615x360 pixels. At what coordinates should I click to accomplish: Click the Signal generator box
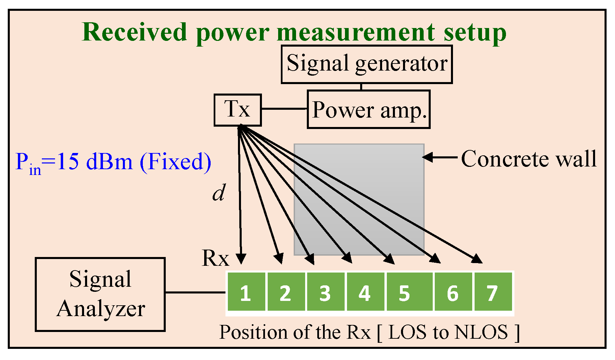(367, 64)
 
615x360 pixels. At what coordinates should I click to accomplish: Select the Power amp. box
(369, 109)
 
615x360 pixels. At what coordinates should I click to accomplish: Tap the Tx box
(238, 110)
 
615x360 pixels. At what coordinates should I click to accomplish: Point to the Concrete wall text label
(529, 159)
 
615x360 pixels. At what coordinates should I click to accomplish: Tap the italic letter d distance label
(219, 194)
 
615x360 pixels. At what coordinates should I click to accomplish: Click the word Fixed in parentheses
(175, 161)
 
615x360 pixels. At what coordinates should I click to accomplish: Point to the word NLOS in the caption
(481, 332)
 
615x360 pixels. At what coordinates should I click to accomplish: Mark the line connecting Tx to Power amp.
(284, 109)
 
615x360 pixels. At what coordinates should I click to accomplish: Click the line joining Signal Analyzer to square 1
(195, 292)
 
